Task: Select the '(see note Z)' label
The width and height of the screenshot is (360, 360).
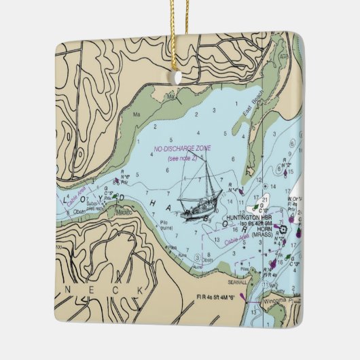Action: (182, 158)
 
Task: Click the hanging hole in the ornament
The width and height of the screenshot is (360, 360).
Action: (179, 77)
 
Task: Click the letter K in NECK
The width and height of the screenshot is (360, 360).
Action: (141, 290)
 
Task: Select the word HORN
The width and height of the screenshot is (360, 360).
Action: (260, 230)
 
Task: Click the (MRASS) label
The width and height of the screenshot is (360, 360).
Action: (262, 236)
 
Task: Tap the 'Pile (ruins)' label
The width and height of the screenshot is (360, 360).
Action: (164, 226)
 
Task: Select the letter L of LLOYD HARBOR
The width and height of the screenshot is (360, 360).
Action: (66, 201)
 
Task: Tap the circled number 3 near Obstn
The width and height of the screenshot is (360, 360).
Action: (198, 258)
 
